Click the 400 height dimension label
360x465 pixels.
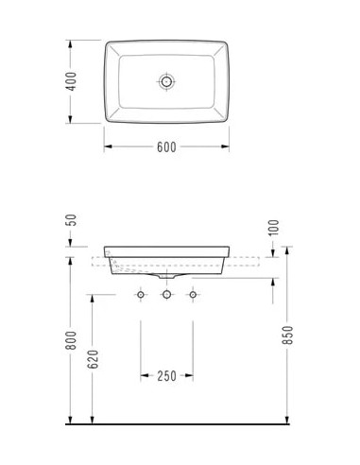pos(72,81)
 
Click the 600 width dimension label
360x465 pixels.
pos(166,147)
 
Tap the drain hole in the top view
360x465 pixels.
pos(166,81)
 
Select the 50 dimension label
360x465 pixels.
pos(72,220)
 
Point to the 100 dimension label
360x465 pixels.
pos(274,228)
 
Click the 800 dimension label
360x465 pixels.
pos(72,340)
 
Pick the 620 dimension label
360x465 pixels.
pos(94,359)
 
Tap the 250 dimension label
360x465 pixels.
pos(166,376)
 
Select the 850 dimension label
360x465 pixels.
pos(288,335)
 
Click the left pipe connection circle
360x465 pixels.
pos(141,295)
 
